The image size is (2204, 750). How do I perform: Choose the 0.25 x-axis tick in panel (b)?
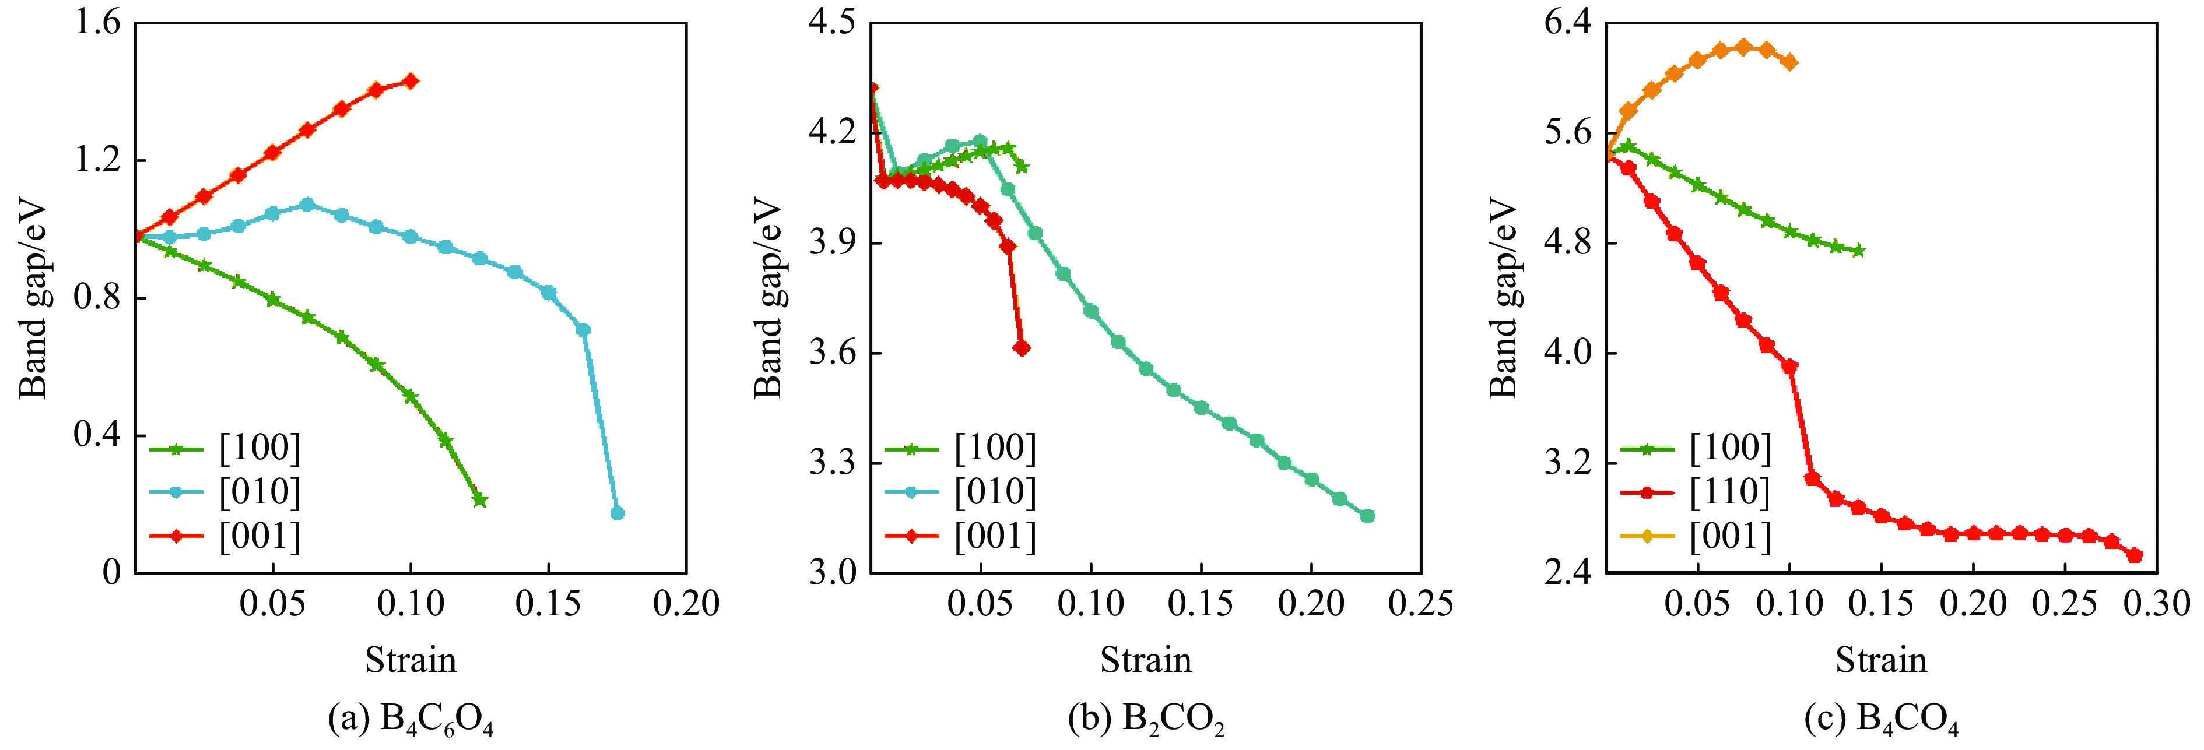point(1420,604)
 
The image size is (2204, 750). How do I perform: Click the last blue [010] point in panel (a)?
point(617,513)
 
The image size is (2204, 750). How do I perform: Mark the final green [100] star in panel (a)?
point(480,499)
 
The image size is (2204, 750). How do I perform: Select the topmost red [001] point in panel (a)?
point(410,81)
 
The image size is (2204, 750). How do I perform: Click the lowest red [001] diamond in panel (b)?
point(1022,348)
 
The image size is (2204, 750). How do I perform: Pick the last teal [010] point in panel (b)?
point(1367,516)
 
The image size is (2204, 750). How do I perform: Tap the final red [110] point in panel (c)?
point(2135,555)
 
